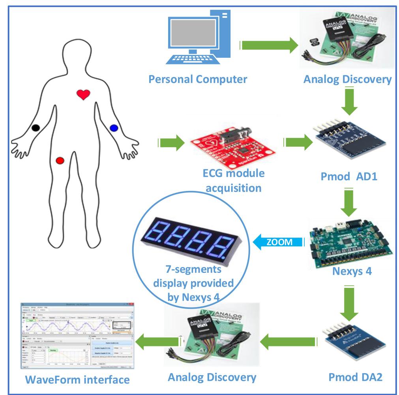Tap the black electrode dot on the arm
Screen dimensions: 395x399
36,127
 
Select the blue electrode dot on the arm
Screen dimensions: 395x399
114,127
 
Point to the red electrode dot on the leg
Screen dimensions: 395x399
60,160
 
